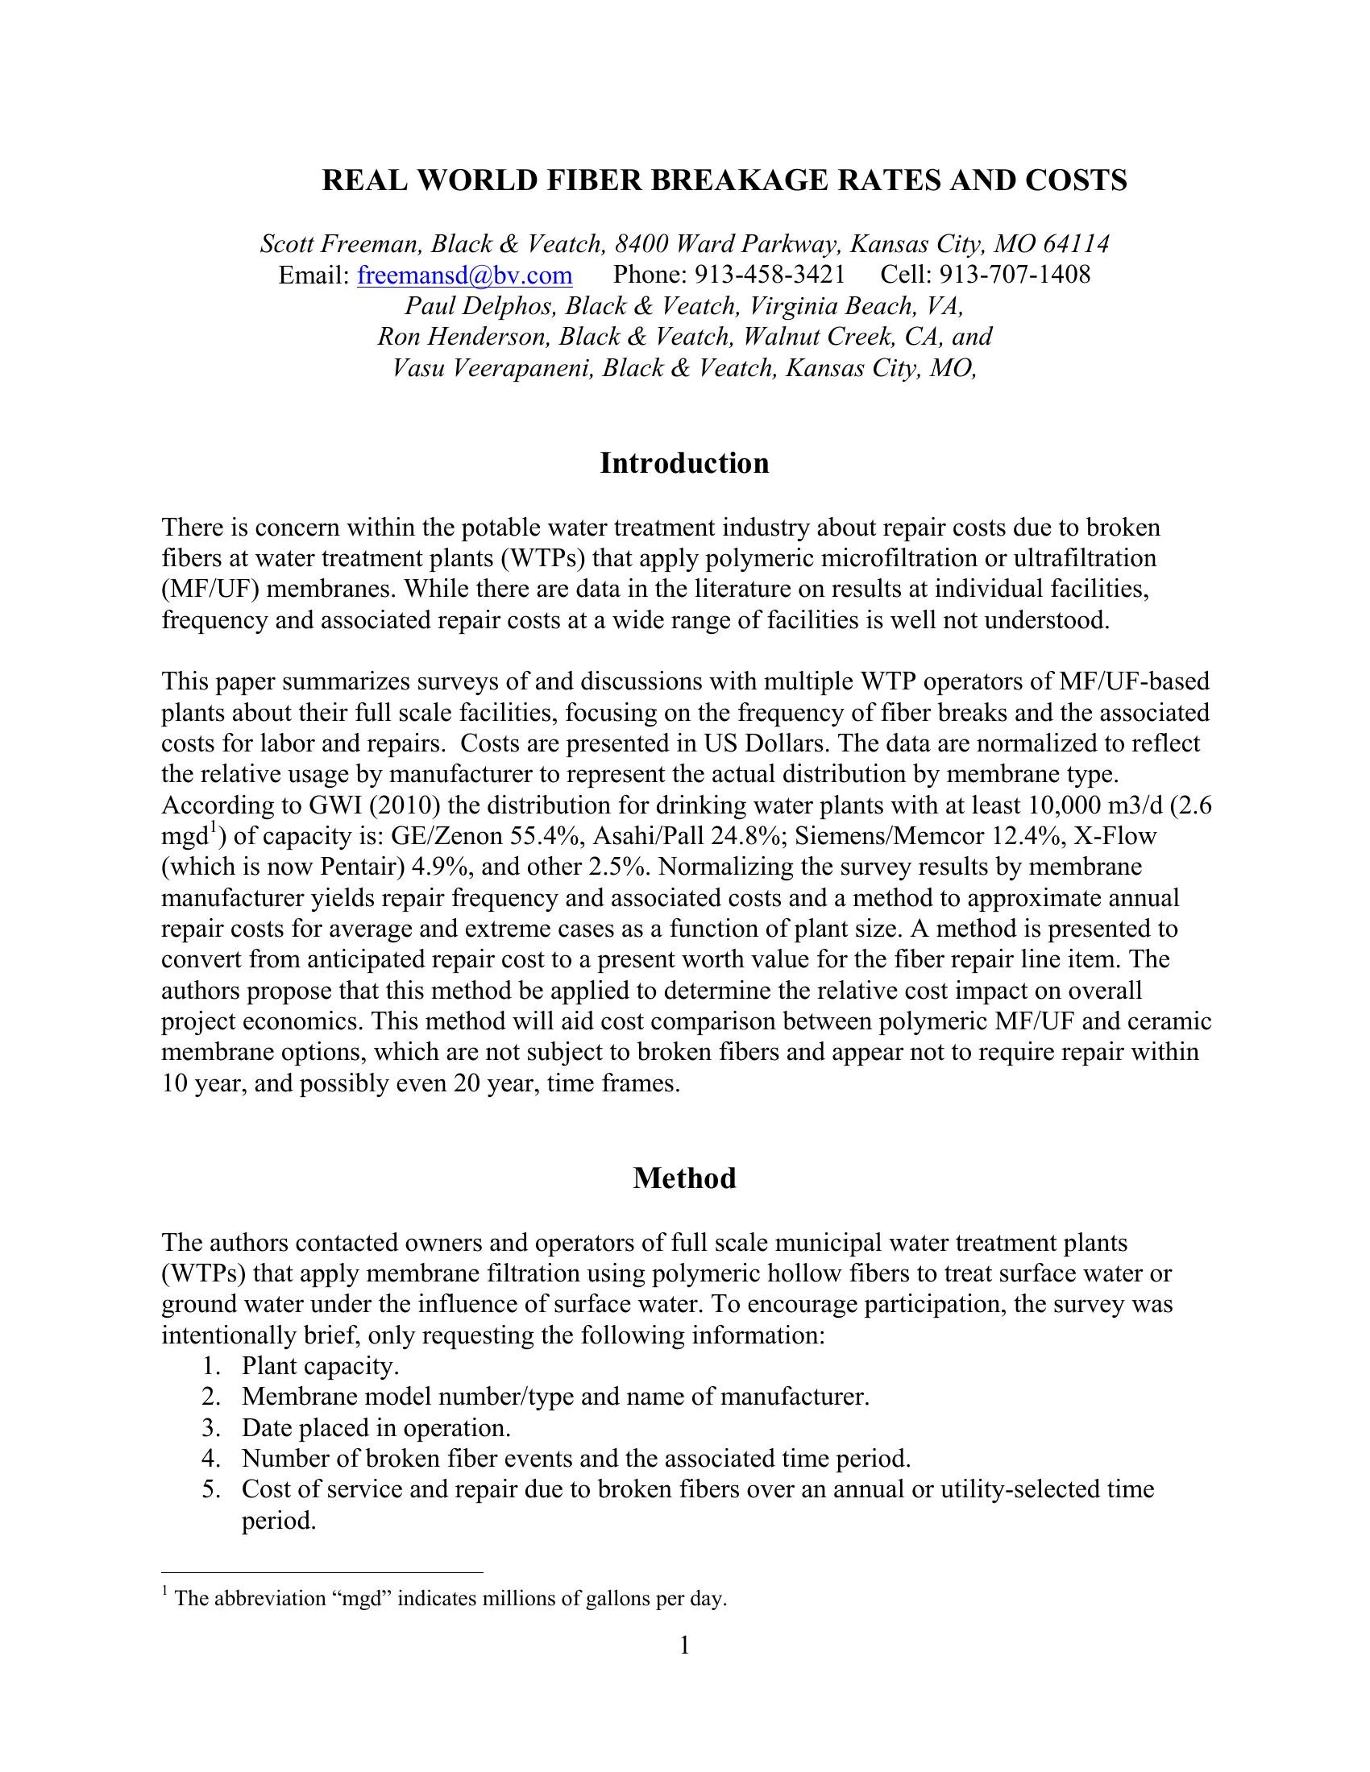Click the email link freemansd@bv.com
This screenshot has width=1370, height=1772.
coord(464,275)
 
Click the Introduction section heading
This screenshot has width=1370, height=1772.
coord(684,463)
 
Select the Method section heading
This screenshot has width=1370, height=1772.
coord(684,1178)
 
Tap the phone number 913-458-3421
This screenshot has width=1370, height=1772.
coord(770,275)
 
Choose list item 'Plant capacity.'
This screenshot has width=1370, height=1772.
coord(321,1366)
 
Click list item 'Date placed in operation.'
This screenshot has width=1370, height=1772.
coord(376,1428)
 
